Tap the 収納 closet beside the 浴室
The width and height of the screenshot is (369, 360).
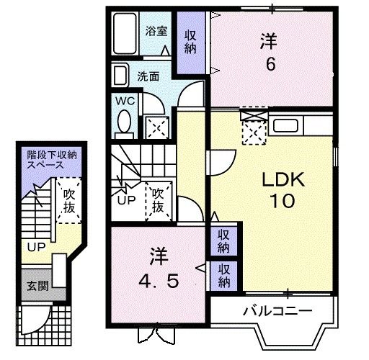click(x=190, y=42)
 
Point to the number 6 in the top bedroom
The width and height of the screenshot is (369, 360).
click(x=270, y=63)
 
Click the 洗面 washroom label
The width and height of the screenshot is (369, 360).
click(x=149, y=76)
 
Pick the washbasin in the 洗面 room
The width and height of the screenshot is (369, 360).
click(x=121, y=76)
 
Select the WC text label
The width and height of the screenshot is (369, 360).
click(x=124, y=101)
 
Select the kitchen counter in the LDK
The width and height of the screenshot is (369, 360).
click(x=303, y=127)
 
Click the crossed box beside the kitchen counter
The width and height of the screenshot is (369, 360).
click(x=254, y=129)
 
